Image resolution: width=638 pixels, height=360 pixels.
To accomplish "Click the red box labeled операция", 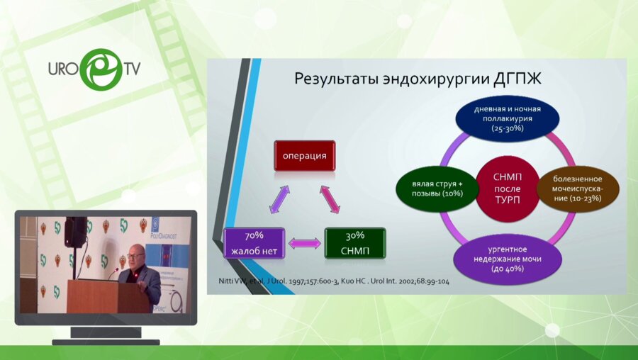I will tap(304, 155).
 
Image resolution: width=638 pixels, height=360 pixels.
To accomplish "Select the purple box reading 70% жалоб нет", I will tap(254, 243).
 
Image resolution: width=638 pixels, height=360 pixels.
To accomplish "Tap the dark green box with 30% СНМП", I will tap(355, 243).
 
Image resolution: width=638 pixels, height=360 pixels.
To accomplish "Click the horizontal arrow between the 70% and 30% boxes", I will tap(305, 244).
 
